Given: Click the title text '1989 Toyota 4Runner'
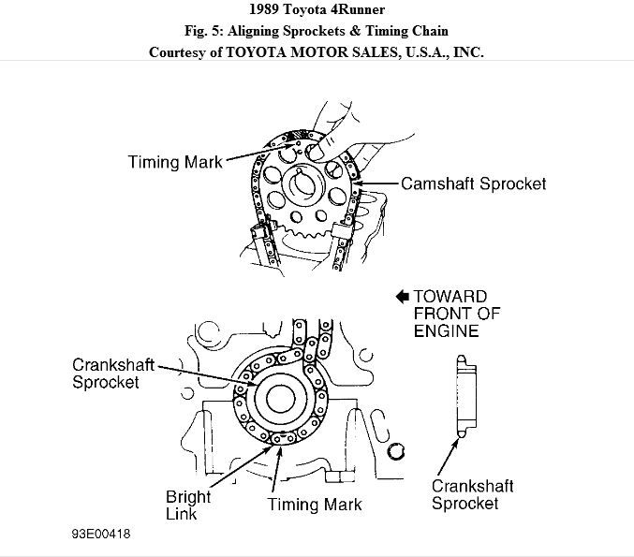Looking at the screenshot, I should [317, 12].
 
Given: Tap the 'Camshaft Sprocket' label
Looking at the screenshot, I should [473, 183].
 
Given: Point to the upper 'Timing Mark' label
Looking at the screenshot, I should [175, 162].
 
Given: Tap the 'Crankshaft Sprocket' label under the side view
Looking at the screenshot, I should [472, 495].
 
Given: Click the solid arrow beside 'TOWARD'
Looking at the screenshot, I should [402, 296].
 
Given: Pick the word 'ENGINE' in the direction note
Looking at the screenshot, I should [446, 330].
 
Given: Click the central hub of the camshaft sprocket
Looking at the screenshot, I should [308, 183].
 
